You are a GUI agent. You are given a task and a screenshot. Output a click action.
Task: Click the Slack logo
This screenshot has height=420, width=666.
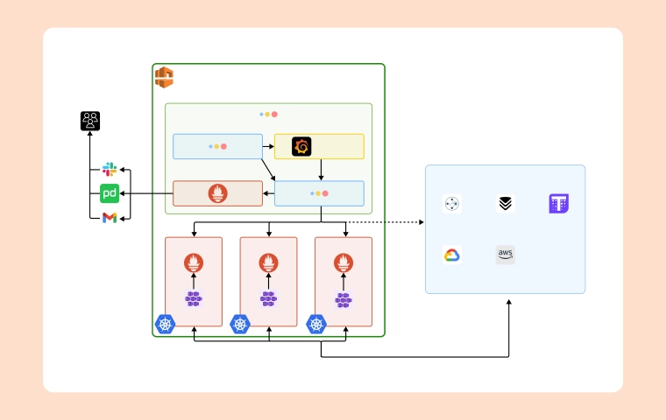(110, 169)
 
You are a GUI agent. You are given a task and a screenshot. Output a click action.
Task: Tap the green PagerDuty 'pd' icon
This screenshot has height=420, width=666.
(110, 193)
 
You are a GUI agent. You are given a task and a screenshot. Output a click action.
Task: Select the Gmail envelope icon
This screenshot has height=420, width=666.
(110, 218)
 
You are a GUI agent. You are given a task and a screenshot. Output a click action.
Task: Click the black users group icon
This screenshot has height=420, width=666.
(90, 121)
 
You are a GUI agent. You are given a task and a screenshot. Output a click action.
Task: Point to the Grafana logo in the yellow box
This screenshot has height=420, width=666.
(301, 146)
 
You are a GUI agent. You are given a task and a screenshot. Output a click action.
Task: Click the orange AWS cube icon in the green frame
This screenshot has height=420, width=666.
(164, 77)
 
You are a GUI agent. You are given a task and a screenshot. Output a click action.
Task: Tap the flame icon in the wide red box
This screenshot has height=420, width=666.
(217, 193)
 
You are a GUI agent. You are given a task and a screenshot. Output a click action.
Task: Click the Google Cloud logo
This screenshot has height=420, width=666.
(452, 255)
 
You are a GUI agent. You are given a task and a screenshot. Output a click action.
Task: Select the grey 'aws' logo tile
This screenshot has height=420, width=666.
(506, 255)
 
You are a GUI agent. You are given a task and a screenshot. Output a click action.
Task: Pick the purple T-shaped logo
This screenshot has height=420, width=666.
(559, 204)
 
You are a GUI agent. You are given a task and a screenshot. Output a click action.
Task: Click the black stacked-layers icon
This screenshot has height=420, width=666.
(506, 204)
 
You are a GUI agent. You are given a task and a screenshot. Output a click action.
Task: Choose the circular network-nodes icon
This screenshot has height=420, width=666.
(452, 204)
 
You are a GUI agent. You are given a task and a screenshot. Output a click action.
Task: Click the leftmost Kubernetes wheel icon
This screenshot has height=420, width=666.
(165, 324)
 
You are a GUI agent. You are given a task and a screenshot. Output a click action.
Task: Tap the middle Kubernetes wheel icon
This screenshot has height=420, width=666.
(240, 324)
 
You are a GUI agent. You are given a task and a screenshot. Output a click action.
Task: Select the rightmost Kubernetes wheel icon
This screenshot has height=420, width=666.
(316, 324)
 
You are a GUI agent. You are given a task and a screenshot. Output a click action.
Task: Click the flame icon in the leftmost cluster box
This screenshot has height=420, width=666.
(194, 262)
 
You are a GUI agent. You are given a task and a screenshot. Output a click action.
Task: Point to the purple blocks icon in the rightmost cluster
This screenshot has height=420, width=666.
(344, 299)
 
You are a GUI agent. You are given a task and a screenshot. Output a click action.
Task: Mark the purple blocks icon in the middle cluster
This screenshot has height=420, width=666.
(268, 299)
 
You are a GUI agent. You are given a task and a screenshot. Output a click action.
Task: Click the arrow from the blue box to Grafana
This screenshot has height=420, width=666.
(268, 146)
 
